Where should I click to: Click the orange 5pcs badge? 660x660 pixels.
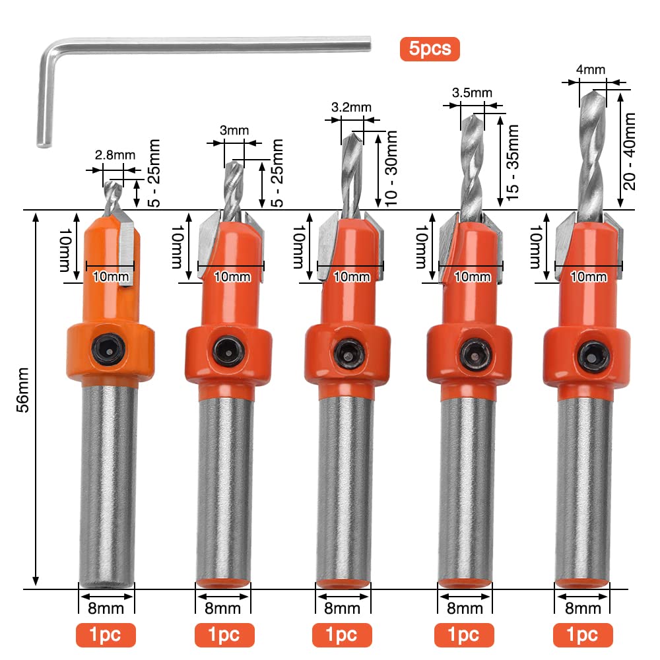coord(430,49)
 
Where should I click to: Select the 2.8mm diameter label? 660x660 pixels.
coord(115,155)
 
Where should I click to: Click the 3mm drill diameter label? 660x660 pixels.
coord(234,130)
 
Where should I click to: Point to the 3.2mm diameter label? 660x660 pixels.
coord(351,107)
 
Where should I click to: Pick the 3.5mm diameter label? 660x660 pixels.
coord(472,92)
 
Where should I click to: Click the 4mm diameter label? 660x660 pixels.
coord(591,69)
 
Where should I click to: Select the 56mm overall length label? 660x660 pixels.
coord(24,389)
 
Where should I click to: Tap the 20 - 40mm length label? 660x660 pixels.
coord(629,151)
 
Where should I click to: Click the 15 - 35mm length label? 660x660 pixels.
coord(512,162)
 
